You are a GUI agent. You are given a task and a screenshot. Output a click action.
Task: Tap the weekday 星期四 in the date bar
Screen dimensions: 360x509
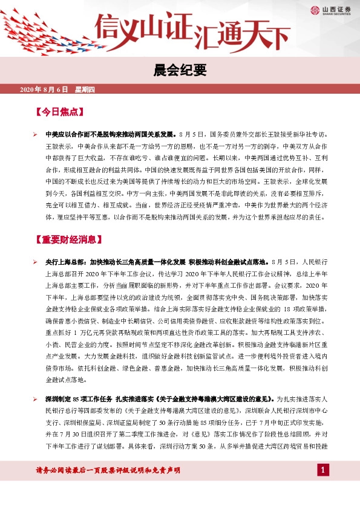click(x=85, y=89)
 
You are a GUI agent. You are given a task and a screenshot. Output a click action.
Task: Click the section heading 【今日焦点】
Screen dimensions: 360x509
click(x=59, y=112)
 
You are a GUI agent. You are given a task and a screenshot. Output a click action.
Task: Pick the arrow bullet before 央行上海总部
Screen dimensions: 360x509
click(x=36, y=262)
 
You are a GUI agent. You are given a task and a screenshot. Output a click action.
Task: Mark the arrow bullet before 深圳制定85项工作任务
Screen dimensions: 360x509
click(x=36, y=399)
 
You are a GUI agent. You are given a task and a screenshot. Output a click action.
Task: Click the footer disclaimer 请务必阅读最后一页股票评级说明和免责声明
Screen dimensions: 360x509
click(x=101, y=487)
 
